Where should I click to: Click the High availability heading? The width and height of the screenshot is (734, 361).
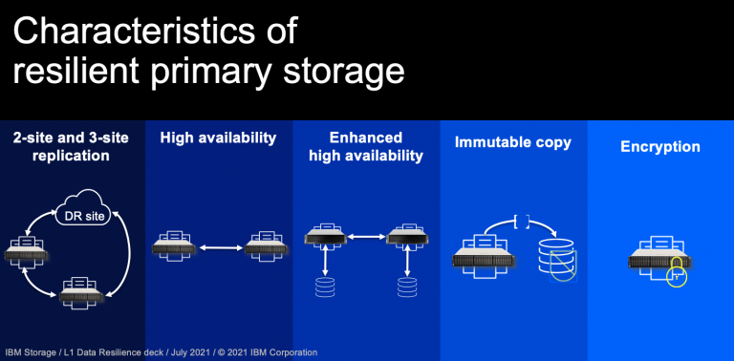(x=218, y=138)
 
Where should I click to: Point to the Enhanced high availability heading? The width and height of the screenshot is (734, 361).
(x=366, y=146)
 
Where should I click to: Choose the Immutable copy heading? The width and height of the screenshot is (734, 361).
(x=513, y=142)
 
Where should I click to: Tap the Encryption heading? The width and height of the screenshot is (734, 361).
(x=660, y=147)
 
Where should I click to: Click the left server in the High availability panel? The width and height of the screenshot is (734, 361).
(x=173, y=247)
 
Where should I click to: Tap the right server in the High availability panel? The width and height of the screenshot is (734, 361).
(x=265, y=247)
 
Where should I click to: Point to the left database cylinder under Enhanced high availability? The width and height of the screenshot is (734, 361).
(x=325, y=287)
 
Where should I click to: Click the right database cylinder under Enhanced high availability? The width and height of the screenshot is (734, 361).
(x=406, y=287)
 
